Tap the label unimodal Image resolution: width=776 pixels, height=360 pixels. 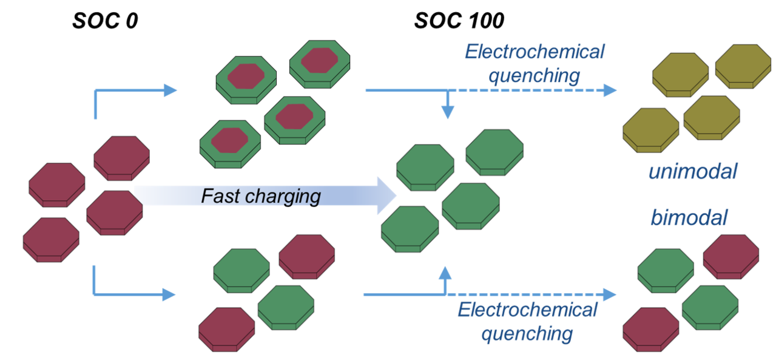[x=692, y=173]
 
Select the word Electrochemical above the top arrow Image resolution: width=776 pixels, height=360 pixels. [x=535, y=52]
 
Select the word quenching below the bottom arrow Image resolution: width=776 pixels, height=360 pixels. [x=527, y=333]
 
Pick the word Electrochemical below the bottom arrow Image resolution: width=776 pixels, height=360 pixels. [x=527, y=310]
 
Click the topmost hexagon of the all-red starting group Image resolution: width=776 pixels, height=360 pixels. [x=121, y=157]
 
